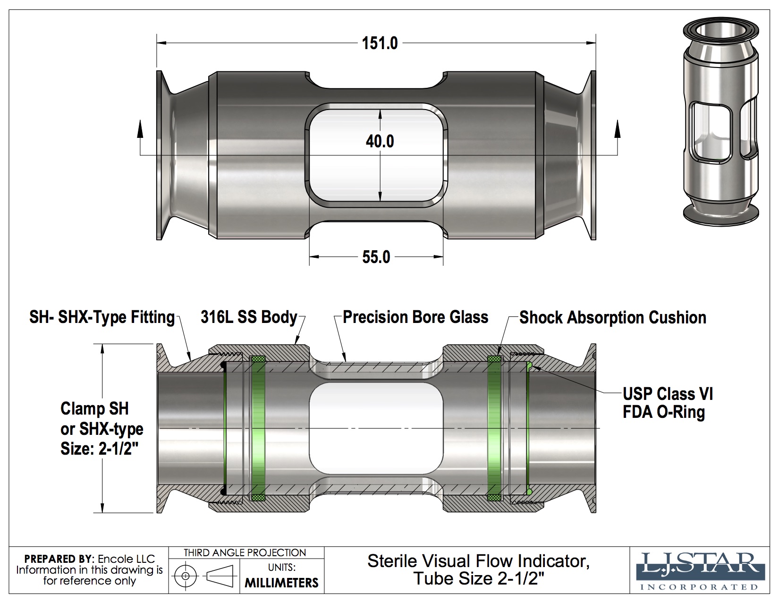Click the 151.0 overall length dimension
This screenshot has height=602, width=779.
click(x=380, y=43)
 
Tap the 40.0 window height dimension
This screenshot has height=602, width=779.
click(x=380, y=141)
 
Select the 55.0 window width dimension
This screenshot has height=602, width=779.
click(x=376, y=257)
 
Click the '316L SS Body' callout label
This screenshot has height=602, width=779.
click(x=249, y=317)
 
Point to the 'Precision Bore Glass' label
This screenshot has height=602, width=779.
click(x=415, y=317)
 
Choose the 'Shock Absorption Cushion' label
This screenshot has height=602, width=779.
click(x=613, y=317)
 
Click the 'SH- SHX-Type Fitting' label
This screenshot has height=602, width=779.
click(x=102, y=317)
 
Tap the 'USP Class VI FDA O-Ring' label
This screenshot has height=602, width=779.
click(x=668, y=403)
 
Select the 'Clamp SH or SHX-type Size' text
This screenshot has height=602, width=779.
click(x=102, y=428)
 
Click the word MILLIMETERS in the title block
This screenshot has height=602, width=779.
click(x=281, y=583)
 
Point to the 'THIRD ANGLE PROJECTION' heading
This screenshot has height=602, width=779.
click(x=245, y=552)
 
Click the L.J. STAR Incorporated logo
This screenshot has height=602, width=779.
click(x=700, y=571)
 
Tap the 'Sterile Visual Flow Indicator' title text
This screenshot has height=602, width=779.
click(x=478, y=561)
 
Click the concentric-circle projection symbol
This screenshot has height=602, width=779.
click(x=186, y=576)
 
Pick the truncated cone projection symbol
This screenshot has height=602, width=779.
click(x=220, y=576)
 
